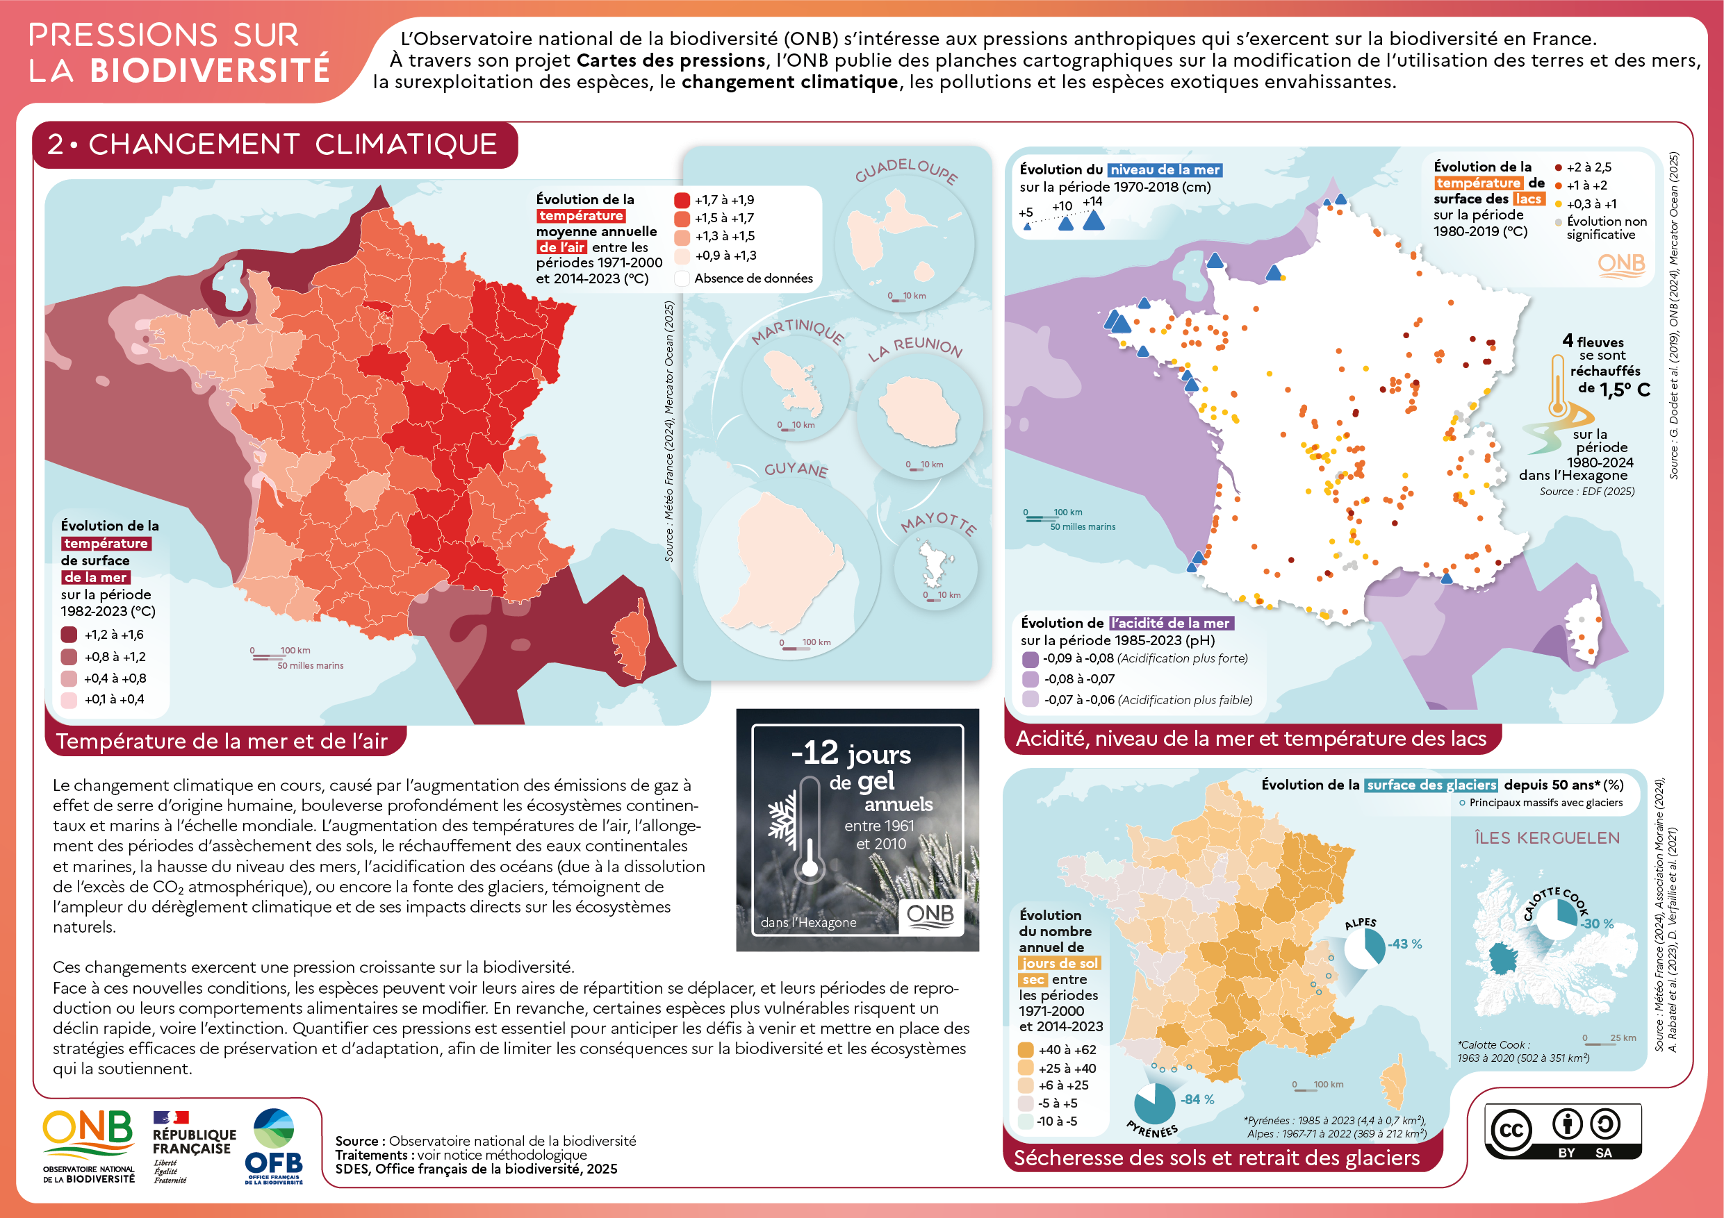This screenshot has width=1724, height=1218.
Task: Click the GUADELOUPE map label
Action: (x=905, y=170)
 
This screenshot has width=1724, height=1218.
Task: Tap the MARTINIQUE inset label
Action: (x=798, y=331)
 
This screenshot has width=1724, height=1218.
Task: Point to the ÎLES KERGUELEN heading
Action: (x=1547, y=837)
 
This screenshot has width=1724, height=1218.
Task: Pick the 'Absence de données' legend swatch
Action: (x=682, y=278)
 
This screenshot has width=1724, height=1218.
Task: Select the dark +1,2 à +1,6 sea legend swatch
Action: (x=69, y=635)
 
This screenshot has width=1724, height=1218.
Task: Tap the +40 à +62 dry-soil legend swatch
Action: (x=1026, y=1050)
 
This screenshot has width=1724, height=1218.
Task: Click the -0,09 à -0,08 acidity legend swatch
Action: (x=1031, y=659)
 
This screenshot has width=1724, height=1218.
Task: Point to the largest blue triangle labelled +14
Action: (x=1093, y=221)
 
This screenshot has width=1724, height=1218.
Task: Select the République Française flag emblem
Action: (x=170, y=1117)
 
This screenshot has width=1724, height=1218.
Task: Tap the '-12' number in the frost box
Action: (x=814, y=753)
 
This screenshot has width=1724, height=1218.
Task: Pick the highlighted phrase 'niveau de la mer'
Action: (x=1165, y=170)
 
